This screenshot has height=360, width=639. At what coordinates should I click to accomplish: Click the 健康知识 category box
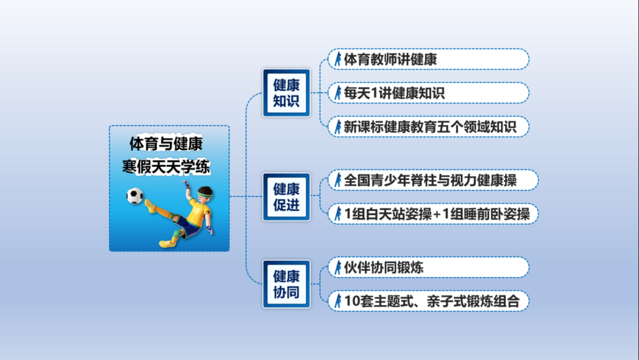[x=286, y=93]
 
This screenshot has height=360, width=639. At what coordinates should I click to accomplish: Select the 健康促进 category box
[x=286, y=197]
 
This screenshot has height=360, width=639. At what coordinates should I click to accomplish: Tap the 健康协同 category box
[x=286, y=284]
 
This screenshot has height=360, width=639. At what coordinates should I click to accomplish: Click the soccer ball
[x=134, y=196]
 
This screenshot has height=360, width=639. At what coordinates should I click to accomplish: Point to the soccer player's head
[x=205, y=195]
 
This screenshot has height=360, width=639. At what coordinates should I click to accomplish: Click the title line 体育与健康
[x=166, y=143]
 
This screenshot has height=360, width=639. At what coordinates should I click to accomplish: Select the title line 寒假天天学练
[x=166, y=166]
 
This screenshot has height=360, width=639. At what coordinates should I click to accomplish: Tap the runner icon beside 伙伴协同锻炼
[x=337, y=268]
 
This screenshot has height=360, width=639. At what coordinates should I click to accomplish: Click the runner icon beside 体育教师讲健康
[x=337, y=59]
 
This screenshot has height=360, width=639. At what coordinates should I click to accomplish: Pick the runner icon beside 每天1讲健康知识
[x=337, y=93]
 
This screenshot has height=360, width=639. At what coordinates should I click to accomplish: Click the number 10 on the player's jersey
[x=196, y=210]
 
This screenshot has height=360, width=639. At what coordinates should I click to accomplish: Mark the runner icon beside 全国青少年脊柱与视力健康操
[x=337, y=180]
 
